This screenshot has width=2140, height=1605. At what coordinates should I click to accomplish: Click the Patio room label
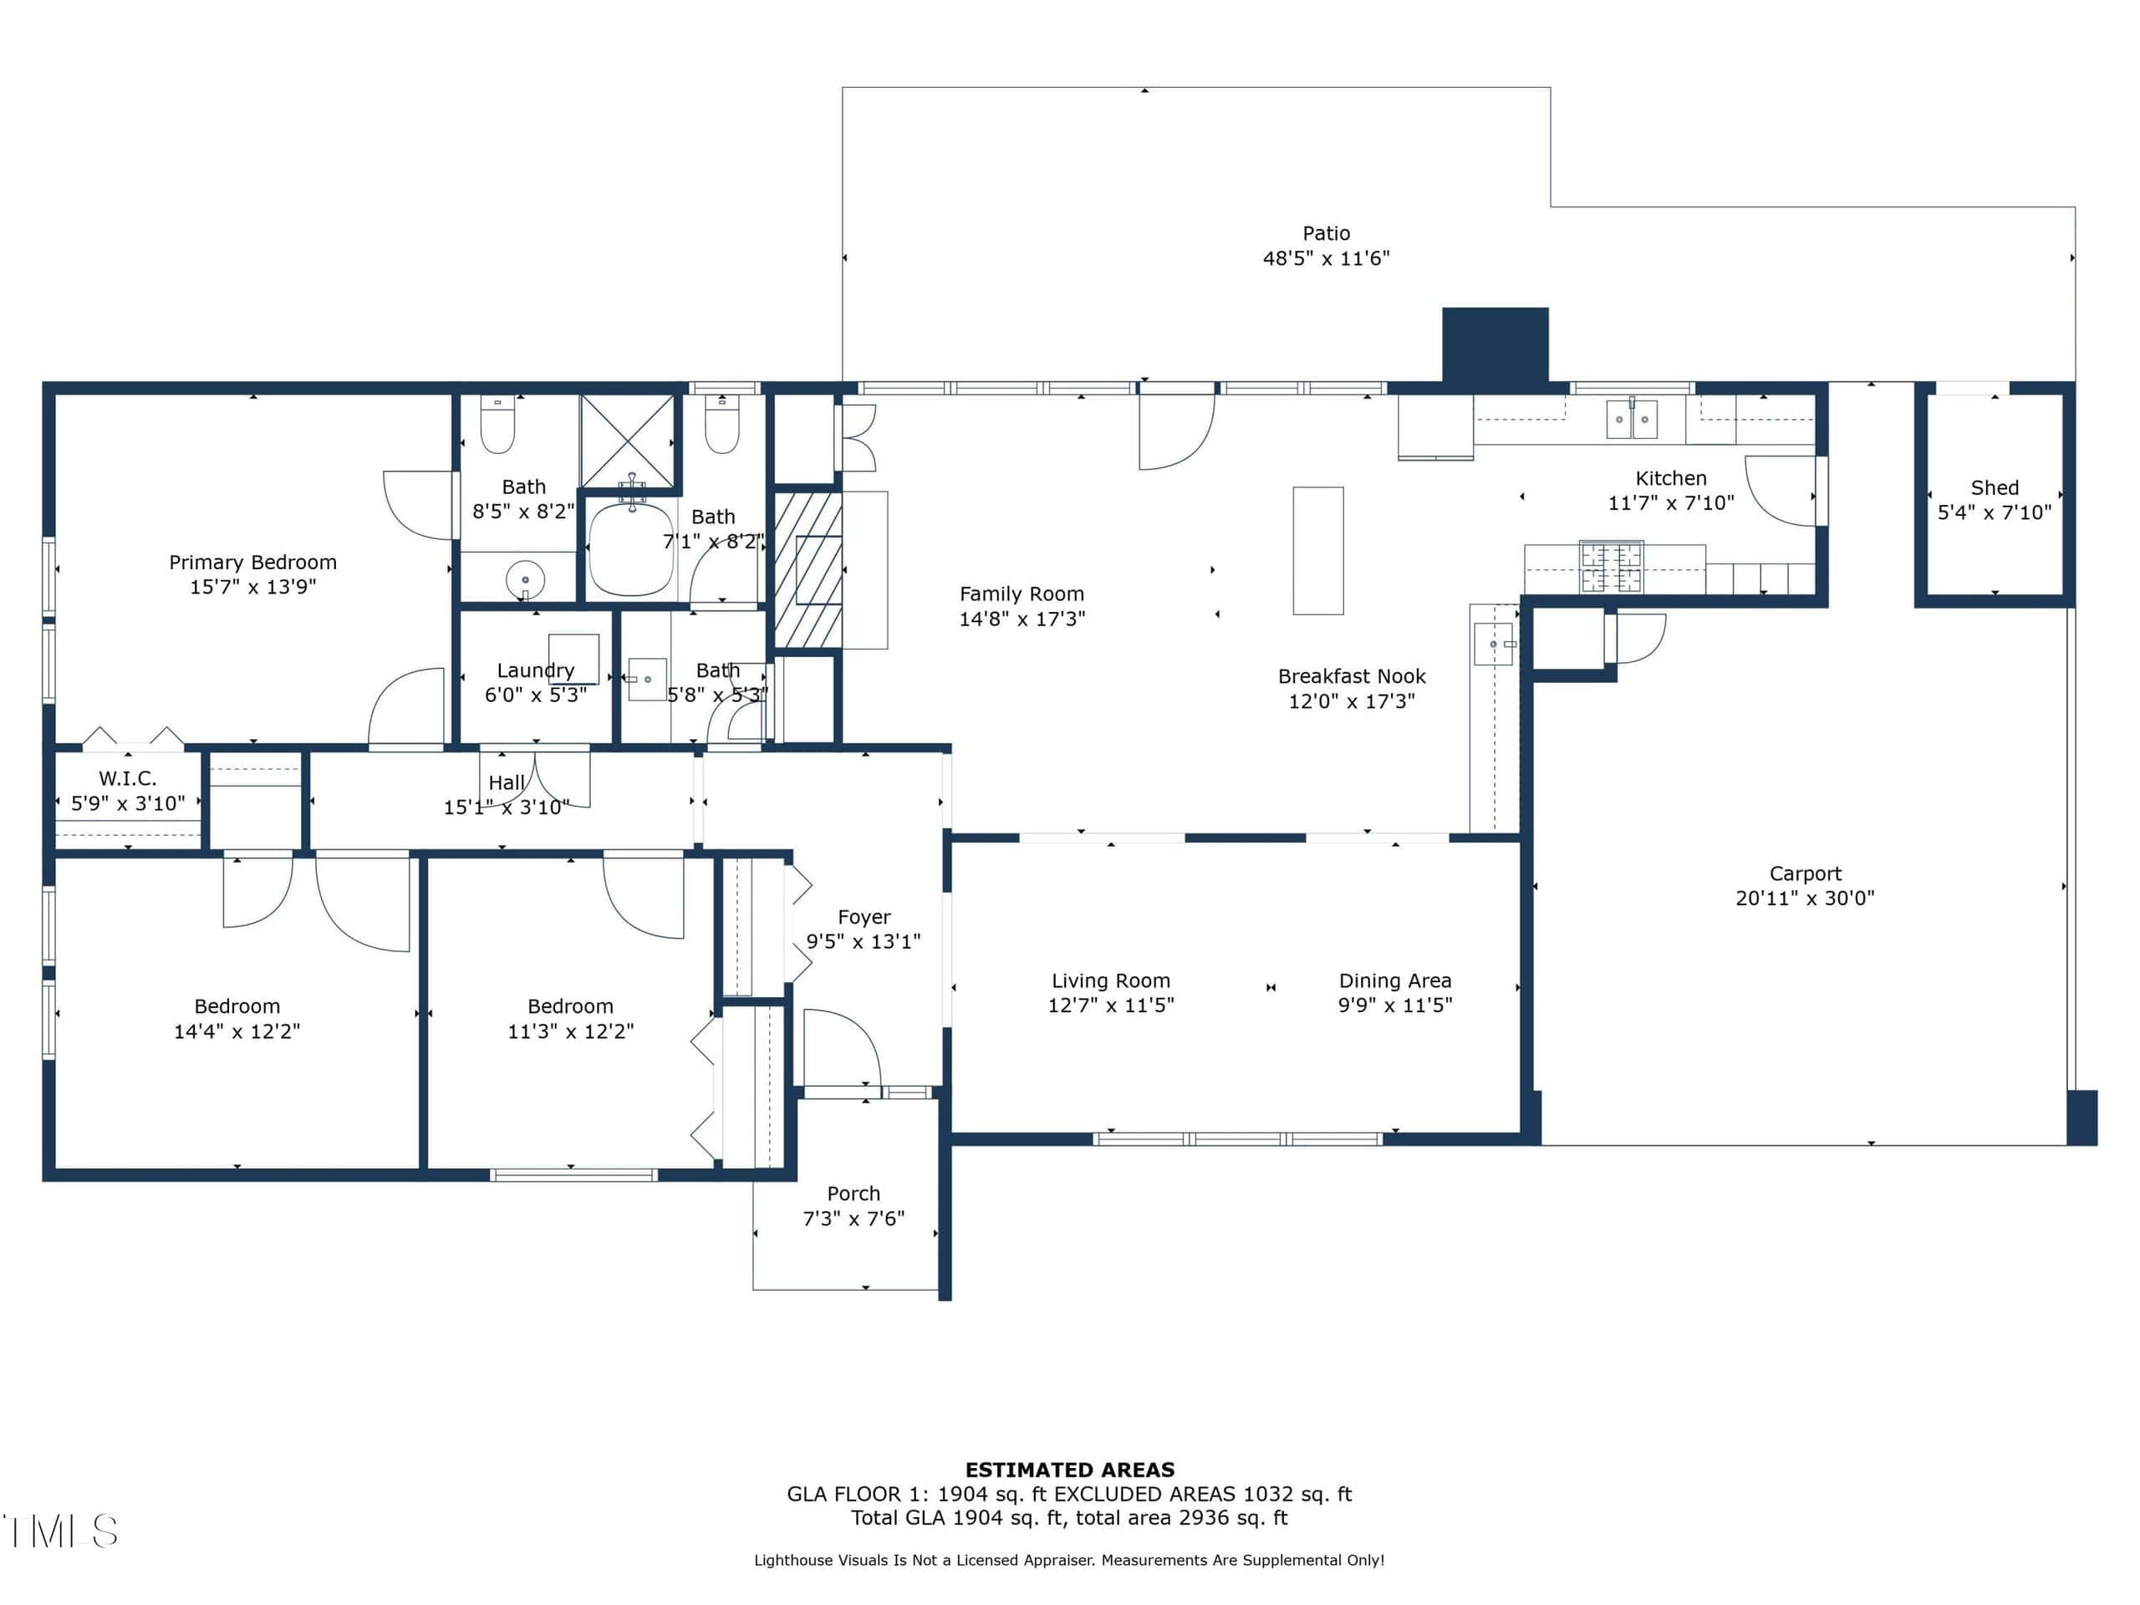pyautogui.click(x=1326, y=233)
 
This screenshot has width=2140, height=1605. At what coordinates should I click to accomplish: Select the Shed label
pyautogui.click(x=1994, y=487)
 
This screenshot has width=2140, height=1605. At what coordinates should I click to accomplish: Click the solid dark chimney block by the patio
pyautogui.click(x=1495, y=344)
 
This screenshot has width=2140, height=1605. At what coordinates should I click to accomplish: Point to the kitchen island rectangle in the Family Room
pyautogui.click(x=1317, y=551)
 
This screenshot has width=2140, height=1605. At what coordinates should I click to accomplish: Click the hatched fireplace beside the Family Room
pyautogui.click(x=808, y=570)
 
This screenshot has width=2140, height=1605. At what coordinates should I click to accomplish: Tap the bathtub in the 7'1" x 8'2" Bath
pyautogui.click(x=631, y=548)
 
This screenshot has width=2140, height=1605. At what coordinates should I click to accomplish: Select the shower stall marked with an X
pyautogui.click(x=627, y=441)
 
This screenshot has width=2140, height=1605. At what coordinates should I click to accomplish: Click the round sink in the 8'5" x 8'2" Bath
pyautogui.click(x=525, y=580)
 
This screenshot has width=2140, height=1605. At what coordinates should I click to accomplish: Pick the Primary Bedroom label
pyautogui.click(x=252, y=562)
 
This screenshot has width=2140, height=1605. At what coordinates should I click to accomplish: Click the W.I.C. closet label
pyautogui.click(x=128, y=777)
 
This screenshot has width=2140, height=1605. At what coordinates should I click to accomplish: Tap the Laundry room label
pyautogui.click(x=535, y=670)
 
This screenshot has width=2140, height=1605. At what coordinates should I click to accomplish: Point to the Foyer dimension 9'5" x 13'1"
pyautogui.click(x=863, y=941)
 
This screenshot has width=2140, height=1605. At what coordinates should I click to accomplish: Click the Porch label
pyautogui.click(x=853, y=1194)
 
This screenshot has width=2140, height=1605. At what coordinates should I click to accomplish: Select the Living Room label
pyautogui.click(x=1111, y=981)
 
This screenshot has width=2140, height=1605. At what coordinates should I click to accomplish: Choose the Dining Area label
pyautogui.click(x=1395, y=981)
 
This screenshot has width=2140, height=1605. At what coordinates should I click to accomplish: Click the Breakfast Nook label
pyautogui.click(x=1352, y=676)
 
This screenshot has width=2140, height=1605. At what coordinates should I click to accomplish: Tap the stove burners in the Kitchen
pyautogui.click(x=1611, y=567)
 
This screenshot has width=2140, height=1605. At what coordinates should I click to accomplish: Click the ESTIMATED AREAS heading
pyautogui.click(x=1070, y=1470)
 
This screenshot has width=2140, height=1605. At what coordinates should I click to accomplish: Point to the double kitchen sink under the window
pyautogui.click(x=1632, y=419)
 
